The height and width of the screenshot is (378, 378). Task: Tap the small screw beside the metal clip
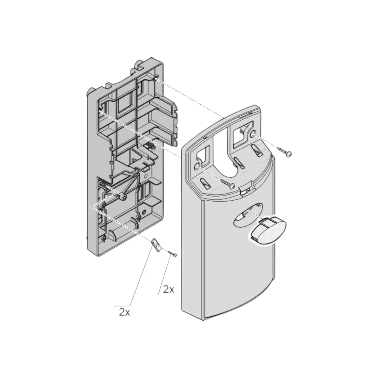pyautogui.click(x=172, y=253)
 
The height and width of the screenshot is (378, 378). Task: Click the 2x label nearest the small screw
pyautogui.click(x=169, y=289)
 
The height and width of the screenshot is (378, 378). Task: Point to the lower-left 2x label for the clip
pyautogui.click(x=124, y=312)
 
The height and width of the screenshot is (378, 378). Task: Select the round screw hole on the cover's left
pyautogui.click(x=198, y=167)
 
